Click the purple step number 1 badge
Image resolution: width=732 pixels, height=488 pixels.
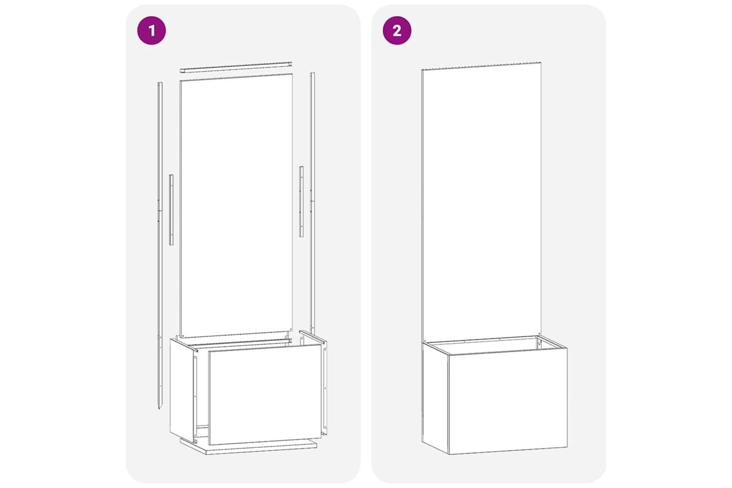click(151, 30)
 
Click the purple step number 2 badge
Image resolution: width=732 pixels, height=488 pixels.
click(397, 30)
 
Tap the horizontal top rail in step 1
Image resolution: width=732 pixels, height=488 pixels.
click(236, 67)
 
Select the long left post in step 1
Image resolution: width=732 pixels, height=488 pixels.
click(160, 245)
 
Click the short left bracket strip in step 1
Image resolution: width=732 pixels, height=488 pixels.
click(171, 209)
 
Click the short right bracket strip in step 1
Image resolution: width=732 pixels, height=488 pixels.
click(301, 202)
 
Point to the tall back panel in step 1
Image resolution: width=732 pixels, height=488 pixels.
click(236, 205)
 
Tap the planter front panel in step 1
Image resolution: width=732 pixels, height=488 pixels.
click(264, 394)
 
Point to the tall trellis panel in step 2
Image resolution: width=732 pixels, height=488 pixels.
click(481, 203)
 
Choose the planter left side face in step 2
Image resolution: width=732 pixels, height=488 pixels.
click(435, 398)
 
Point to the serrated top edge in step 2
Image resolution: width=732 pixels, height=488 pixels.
click(481, 66)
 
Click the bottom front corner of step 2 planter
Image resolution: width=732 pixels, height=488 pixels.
click(449, 454)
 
